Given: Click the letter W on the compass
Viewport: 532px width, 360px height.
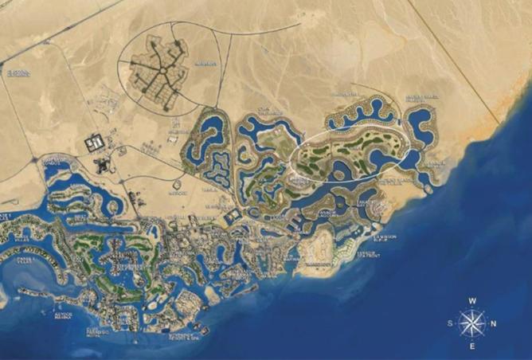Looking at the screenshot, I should click(472, 301).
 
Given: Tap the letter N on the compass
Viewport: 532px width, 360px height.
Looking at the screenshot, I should click(495, 323).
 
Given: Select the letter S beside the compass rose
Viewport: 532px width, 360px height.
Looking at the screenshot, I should click(452, 323).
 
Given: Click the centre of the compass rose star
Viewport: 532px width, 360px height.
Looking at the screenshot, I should click(473, 323).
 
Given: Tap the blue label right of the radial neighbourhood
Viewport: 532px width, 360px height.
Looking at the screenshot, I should click(205, 63).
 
